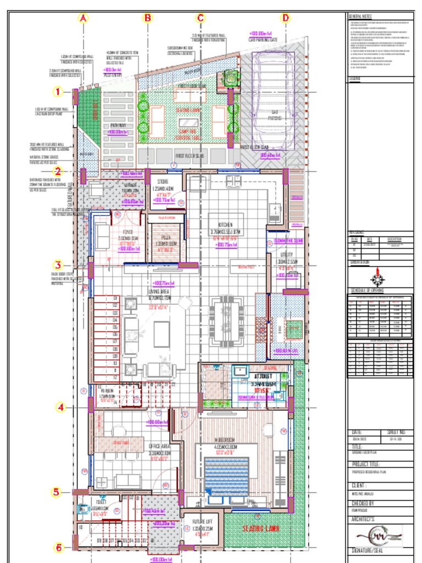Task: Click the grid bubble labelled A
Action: tap(84, 18)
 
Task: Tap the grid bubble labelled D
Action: tap(286, 18)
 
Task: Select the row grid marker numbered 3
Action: tap(59, 264)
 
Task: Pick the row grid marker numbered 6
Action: tap(59, 547)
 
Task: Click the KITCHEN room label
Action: tap(225, 225)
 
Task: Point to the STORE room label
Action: tap(162, 181)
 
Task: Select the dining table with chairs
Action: tap(226, 322)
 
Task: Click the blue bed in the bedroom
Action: tap(226, 476)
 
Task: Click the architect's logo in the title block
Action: tap(379, 534)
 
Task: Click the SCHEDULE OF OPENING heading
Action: tap(367, 290)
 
